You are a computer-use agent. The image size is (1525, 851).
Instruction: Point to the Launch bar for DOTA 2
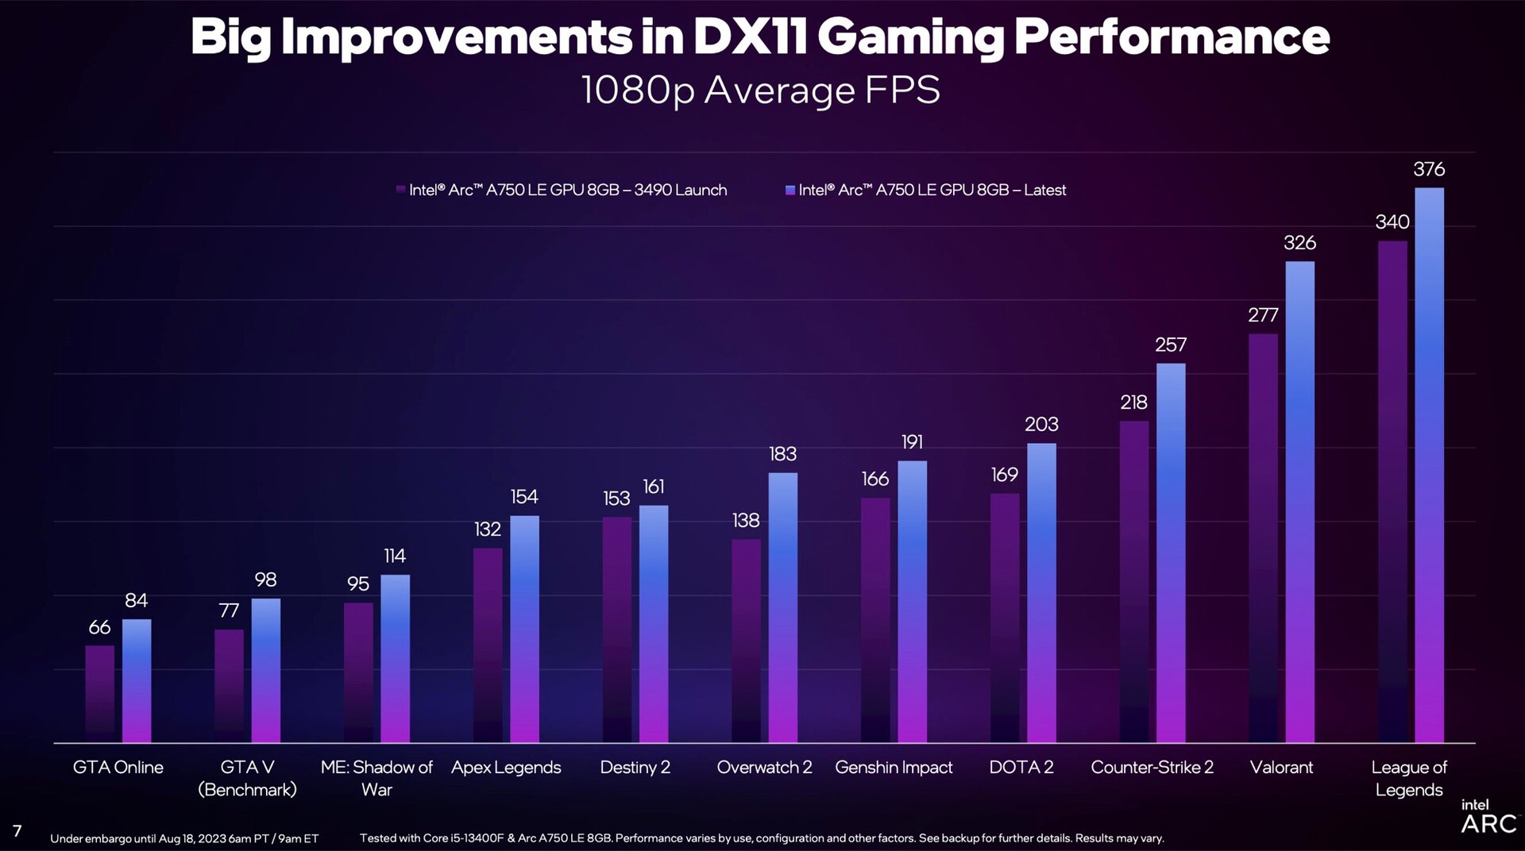(x=1005, y=618)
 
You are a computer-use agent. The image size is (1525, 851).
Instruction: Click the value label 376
(x=1429, y=169)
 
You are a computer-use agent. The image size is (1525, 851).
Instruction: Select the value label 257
(x=1171, y=345)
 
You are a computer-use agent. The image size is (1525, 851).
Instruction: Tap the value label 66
(x=99, y=627)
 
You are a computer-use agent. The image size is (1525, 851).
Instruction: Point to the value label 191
(x=912, y=442)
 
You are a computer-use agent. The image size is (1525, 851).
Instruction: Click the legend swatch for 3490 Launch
(x=401, y=190)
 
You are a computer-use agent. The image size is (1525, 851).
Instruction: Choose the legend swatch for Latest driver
(x=790, y=190)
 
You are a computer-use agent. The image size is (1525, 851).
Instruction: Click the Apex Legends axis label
(x=506, y=768)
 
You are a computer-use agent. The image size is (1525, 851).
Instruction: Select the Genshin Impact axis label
(x=894, y=768)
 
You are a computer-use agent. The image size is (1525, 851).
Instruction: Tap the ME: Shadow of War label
(x=376, y=778)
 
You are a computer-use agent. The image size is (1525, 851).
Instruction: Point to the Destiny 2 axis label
(x=635, y=768)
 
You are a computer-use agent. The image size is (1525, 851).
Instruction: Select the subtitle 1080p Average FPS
(x=760, y=90)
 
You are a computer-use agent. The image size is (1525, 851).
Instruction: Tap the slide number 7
(x=17, y=831)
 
